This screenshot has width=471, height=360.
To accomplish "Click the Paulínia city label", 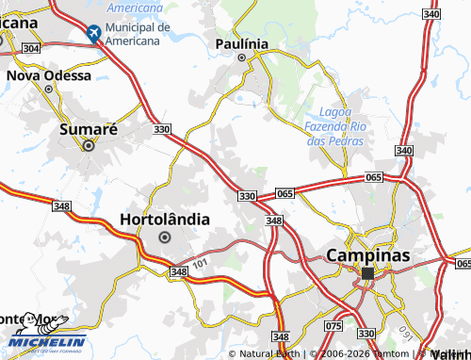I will [242, 44].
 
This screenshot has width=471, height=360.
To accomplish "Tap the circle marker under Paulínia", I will [241, 57].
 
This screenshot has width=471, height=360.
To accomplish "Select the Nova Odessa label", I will [49, 74].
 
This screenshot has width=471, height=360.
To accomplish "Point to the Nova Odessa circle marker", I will [48, 89].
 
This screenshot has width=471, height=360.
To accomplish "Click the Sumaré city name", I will [89, 129].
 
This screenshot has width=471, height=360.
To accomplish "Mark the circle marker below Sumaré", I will [89, 145].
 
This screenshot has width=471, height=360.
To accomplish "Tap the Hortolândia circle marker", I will [165, 237].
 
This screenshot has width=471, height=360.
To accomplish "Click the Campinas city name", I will [368, 254].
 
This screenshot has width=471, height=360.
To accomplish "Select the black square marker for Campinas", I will [367, 273].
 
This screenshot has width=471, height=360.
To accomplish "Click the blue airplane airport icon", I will [93, 33].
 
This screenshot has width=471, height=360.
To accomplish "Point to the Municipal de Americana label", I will [138, 34].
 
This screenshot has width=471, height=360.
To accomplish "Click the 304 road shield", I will [30, 47].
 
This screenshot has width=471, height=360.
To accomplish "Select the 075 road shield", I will [333, 326].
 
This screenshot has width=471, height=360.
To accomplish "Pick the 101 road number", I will [198, 263].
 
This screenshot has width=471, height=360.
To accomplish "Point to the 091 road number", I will [406, 333].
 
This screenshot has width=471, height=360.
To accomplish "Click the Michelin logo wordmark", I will [48, 341].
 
